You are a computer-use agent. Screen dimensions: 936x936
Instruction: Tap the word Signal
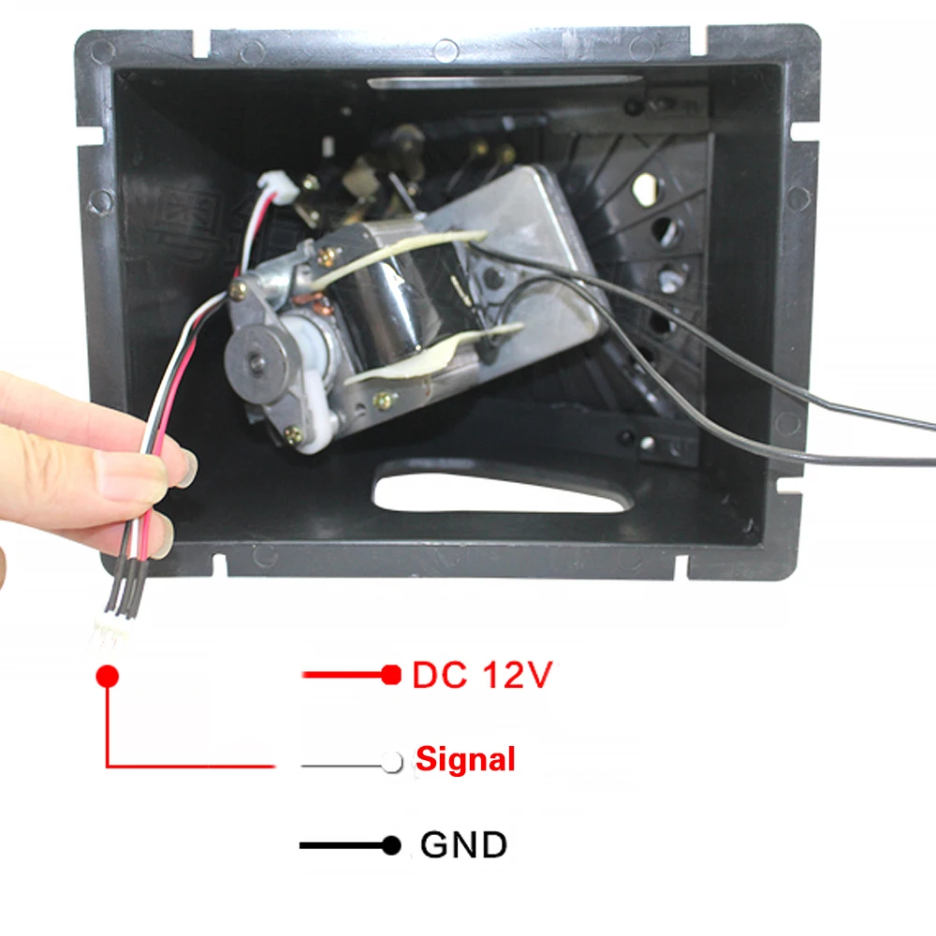click(x=465, y=759)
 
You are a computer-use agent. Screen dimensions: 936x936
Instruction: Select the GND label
click(x=463, y=845)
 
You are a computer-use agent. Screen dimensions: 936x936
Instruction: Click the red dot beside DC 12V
click(x=391, y=675)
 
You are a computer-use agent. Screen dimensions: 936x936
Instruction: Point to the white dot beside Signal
click(x=392, y=761)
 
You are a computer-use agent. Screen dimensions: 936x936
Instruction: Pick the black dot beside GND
click(x=391, y=846)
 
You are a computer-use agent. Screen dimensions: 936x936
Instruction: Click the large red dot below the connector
click(x=108, y=675)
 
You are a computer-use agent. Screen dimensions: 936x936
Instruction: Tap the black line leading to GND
click(x=342, y=846)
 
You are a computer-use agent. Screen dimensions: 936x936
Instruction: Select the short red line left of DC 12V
click(x=342, y=675)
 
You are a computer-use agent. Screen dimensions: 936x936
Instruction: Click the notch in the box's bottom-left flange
click(x=218, y=566)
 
